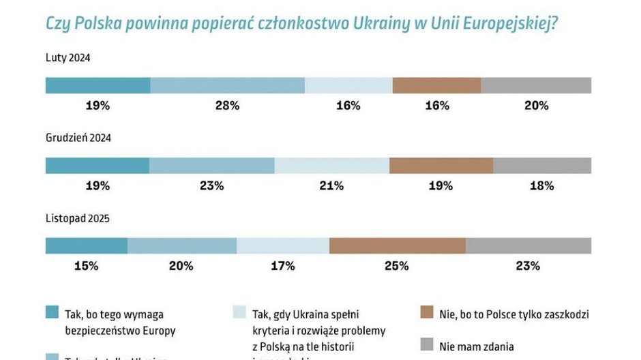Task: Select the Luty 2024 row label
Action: (68, 58)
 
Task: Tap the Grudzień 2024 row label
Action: (78, 138)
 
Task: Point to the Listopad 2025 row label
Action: (78, 219)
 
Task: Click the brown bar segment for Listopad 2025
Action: (397, 245)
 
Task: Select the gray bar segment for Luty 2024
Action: (535, 85)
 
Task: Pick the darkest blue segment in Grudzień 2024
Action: (97, 166)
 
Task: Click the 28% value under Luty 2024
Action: (227, 106)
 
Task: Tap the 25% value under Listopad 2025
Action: (396, 266)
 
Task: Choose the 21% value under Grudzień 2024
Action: (331, 185)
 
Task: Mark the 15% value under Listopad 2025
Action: (86, 266)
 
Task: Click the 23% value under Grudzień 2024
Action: (211, 185)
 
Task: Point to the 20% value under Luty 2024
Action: (536, 106)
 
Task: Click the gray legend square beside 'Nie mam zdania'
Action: (428, 346)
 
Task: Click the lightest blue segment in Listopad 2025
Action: (282, 245)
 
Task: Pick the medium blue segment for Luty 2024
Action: (227, 85)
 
